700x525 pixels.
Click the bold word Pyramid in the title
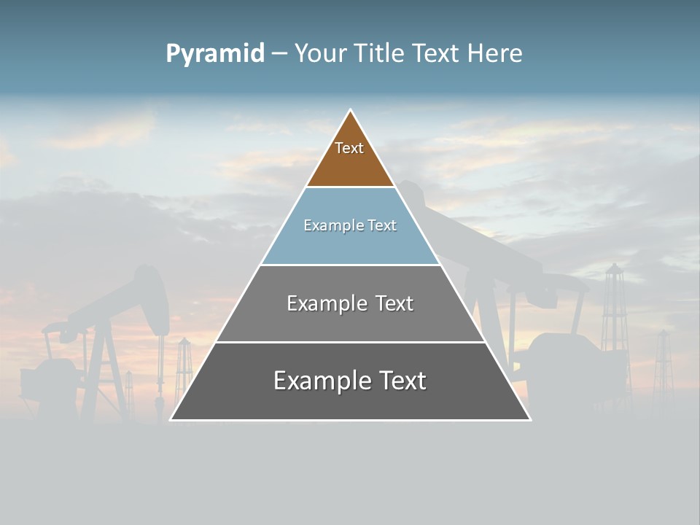coord(215,54)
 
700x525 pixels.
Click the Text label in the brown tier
coord(349,148)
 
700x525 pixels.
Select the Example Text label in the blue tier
coord(350,225)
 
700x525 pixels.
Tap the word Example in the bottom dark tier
coord(321,381)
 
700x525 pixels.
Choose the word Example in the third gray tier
coord(325,303)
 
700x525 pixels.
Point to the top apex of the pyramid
coord(350,111)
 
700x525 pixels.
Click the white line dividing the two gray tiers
coord(350,342)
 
